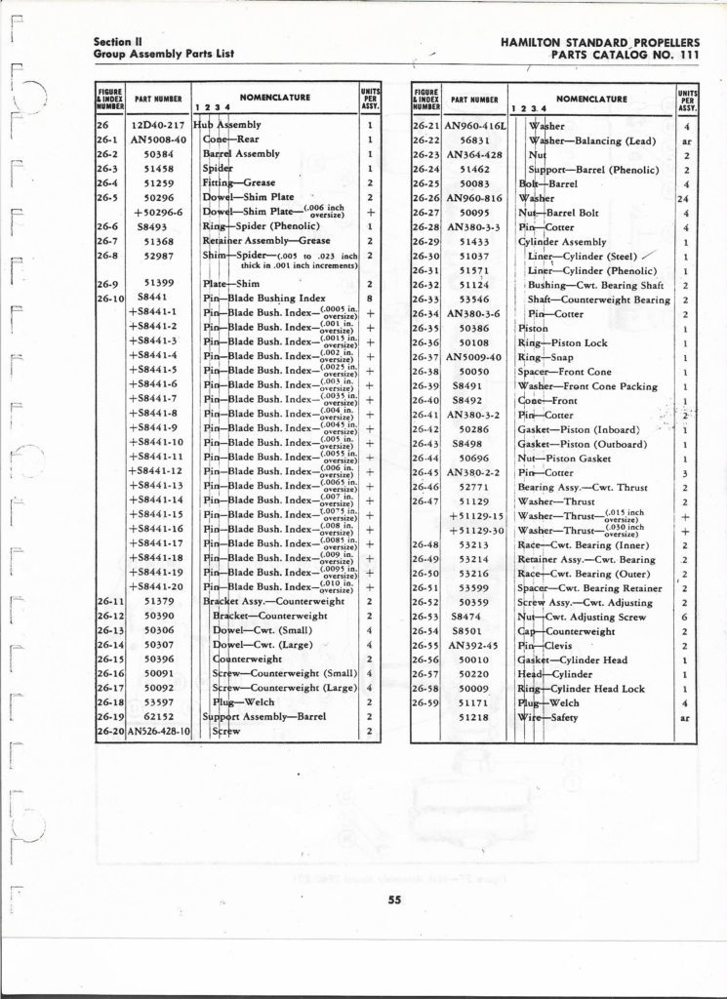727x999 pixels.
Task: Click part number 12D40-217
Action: (x=159, y=126)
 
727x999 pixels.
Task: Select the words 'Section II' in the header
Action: (x=118, y=42)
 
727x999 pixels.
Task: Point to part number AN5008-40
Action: (x=158, y=140)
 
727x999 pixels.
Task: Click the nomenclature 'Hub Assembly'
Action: (x=226, y=126)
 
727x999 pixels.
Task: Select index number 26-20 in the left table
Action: (x=109, y=731)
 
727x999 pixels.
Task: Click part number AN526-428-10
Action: (x=158, y=731)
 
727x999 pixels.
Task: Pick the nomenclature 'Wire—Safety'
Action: (x=546, y=718)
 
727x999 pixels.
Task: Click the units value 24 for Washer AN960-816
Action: (x=687, y=198)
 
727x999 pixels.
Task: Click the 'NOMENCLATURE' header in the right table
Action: (x=591, y=99)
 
